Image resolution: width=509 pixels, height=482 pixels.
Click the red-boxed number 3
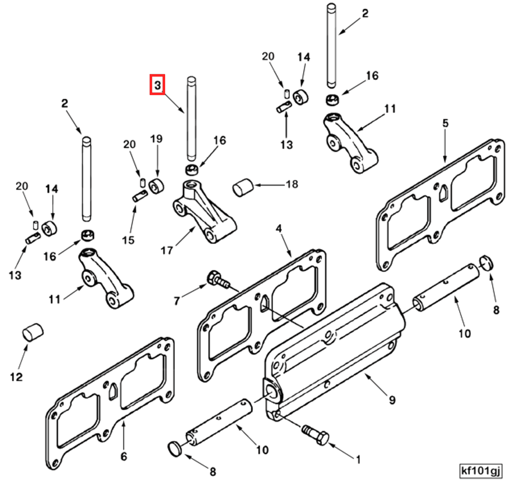point(157,85)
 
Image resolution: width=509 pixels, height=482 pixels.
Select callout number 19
point(156,139)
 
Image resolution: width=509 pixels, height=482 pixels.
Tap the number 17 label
point(167,250)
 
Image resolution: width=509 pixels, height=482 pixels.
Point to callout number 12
point(16,377)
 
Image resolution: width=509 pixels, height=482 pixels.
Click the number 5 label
point(445,123)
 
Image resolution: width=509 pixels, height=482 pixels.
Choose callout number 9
point(392,400)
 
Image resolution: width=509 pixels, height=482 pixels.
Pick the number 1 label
point(358,460)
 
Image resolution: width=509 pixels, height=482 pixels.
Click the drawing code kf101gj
point(480,471)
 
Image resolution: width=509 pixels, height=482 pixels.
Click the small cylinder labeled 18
point(243,187)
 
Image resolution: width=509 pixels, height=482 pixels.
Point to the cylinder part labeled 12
point(33,332)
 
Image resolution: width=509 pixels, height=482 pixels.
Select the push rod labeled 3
point(191,118)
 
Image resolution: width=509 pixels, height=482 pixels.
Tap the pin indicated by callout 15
point(140,196)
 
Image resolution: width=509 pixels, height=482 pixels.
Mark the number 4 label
point(279,228)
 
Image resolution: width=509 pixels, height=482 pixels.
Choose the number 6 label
point(124,456)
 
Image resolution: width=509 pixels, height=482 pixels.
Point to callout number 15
point(128,240)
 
